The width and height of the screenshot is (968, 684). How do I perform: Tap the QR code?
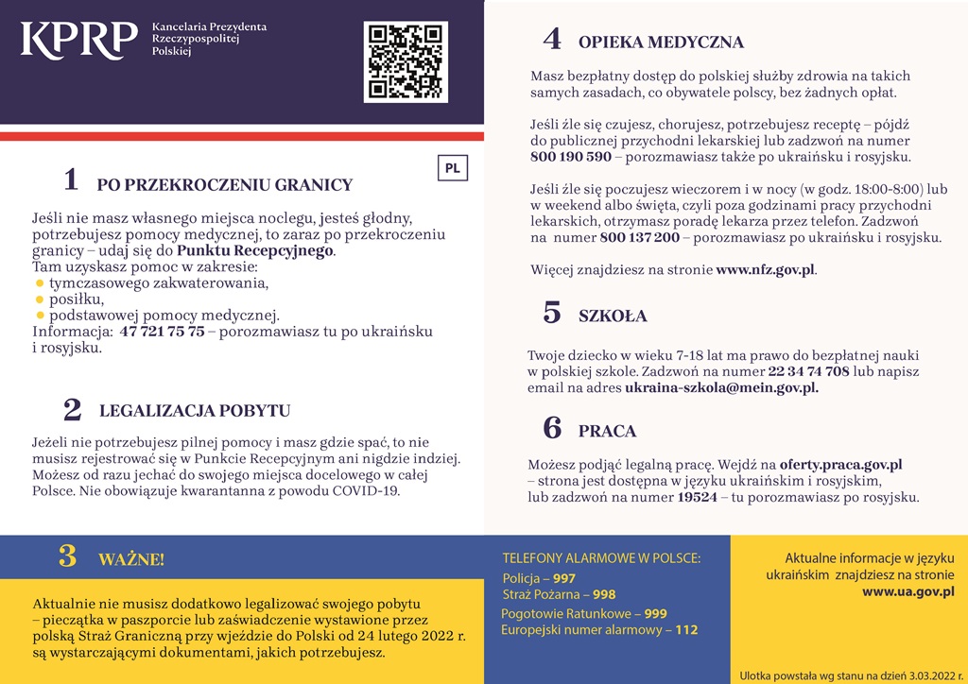click(406, 61)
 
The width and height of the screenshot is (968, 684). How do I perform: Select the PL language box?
click(452, 168)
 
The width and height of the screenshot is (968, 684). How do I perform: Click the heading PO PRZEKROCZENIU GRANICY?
click(224, 185)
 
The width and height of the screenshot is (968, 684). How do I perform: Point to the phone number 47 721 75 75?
click(162, 332)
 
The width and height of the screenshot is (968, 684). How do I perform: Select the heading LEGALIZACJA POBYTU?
click(195, 411)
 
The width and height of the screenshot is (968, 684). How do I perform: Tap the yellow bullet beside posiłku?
click(40, 299)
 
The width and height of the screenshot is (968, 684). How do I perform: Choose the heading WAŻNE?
click(130, 559)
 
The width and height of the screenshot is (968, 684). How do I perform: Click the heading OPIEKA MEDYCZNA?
click(661, 43)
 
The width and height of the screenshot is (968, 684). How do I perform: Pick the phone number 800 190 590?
click(571, 157)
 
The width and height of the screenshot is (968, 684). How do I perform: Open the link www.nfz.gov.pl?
click(765, 270)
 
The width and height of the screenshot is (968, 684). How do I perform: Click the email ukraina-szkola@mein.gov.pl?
click(721, 387)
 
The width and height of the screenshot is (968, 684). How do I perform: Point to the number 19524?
click(698, 497)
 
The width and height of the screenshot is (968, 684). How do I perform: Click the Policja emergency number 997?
click(564, 578)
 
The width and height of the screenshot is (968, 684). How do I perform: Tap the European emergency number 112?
click(686, 629)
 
